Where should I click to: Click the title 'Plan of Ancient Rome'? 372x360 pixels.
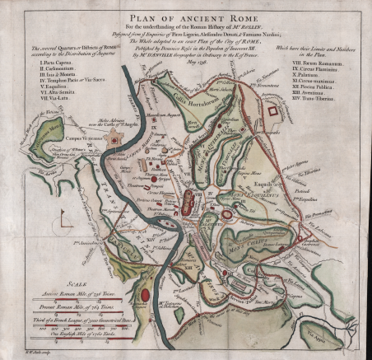(x=187, y=15)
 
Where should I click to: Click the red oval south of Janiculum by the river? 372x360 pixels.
(x=145, y=293)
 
